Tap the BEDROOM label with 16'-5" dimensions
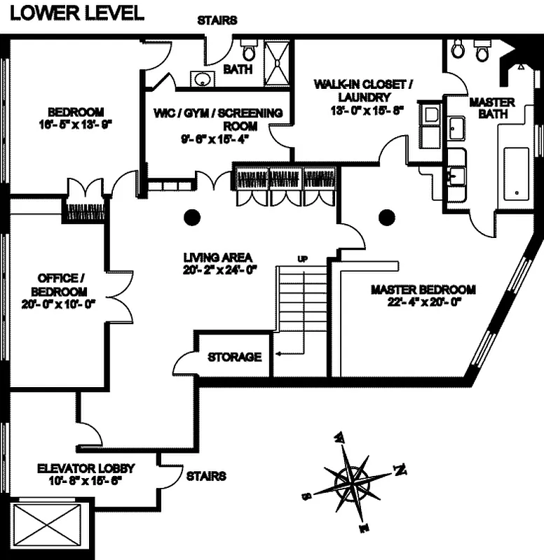tap(76, 118)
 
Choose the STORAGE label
tap(234, 357)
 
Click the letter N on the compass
tap(400, 469)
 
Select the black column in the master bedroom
tap(386, 218)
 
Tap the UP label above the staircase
tap(303, 259)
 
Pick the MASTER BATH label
tap(491, 107)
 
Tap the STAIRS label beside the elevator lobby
tap(205, 476)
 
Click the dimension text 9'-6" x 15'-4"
tap(217, 139)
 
